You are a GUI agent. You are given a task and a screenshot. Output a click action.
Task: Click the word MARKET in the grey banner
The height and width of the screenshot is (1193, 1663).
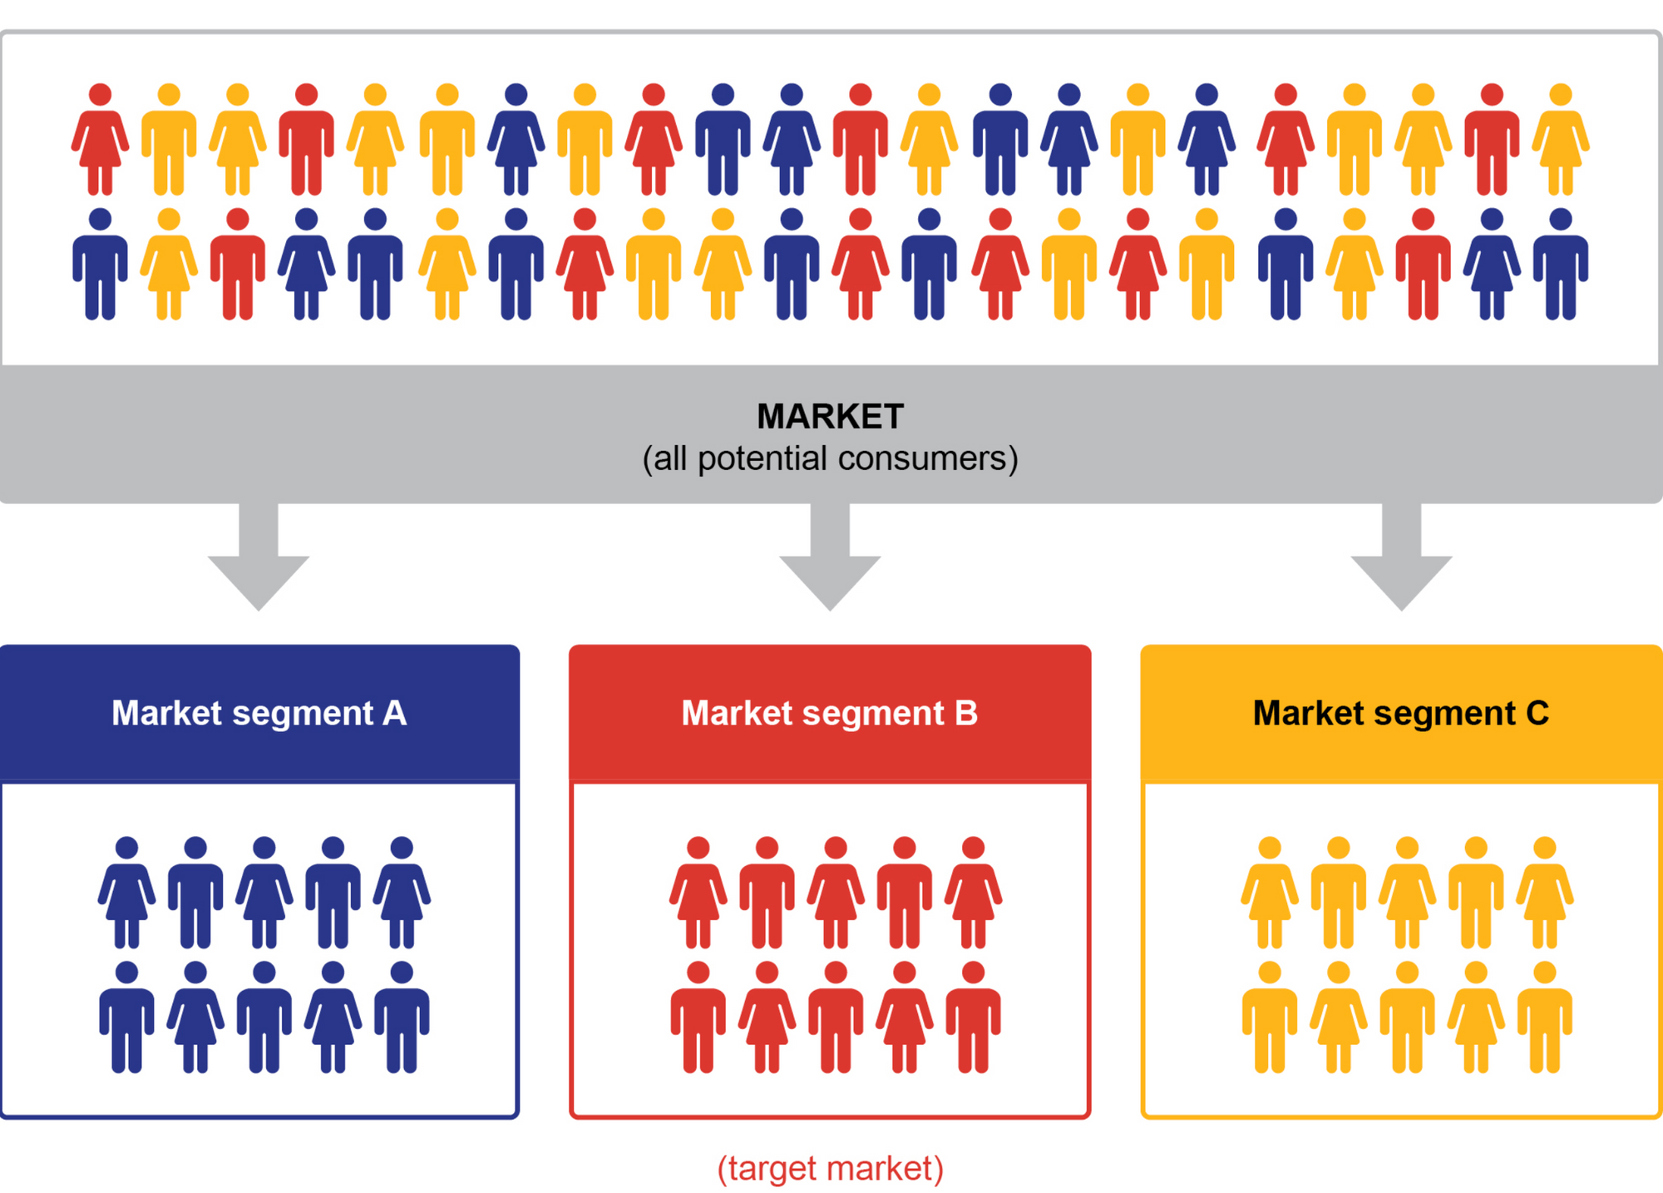click(x=830, y=416)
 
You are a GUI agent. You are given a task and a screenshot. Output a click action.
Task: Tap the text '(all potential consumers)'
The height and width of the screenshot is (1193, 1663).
click(x=830, y=458)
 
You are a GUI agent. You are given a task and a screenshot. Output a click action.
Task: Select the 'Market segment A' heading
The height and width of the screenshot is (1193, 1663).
click(x=259, y=713)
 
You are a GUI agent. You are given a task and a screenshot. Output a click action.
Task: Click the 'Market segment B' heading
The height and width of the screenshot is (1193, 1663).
click(x=829, y=713)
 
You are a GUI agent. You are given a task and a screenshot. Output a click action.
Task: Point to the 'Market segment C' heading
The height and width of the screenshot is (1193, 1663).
click(x=1400, y=713)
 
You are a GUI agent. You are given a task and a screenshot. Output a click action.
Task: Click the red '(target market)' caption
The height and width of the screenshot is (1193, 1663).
click(x=830, y=1168)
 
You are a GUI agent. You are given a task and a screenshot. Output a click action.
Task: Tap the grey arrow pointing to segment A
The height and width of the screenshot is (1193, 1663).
click(x=259, y=566)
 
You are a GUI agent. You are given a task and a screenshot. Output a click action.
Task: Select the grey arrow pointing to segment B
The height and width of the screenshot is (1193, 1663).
click(x=830, y=566)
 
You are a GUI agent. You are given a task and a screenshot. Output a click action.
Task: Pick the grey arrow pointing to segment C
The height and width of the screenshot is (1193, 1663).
click(x=1401, y=566)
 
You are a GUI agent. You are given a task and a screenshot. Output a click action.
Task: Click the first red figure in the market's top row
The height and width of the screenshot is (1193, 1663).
click(x=100, y=141)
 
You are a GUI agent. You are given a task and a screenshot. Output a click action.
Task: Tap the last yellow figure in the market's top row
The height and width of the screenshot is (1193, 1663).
click(x=1561, y=141)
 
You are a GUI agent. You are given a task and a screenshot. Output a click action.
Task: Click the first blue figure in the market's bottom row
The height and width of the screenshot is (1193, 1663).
click(x=100, y=266)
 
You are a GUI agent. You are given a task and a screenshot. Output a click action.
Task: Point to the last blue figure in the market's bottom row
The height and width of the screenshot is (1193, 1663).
click(x=1561, y=266)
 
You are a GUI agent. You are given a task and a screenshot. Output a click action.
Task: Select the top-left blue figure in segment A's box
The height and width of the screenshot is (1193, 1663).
click(x=126, y=894)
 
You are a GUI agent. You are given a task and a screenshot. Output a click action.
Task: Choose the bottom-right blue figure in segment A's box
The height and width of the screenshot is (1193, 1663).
click(x=402, y=1019)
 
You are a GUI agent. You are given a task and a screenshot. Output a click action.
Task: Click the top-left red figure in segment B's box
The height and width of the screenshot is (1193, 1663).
click(x=698, y=894)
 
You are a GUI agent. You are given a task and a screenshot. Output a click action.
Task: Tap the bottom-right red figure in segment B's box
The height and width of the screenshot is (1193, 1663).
click(x=973, y=1019)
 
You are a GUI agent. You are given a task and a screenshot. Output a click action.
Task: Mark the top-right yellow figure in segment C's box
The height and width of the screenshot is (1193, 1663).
click(x=1544, y=894)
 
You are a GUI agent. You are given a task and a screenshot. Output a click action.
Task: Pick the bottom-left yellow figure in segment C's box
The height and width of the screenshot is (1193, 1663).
click(x=1270, y=1019)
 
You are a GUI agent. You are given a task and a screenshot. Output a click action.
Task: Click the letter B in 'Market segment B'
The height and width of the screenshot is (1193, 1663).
click(x=966, y=713)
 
